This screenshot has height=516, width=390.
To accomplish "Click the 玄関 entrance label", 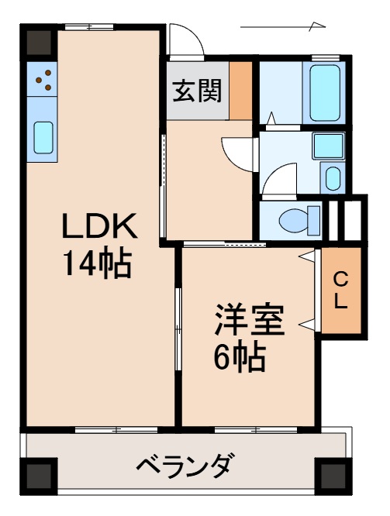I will [x=196, y=91].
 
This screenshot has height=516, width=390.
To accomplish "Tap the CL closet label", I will [x=340, y=291].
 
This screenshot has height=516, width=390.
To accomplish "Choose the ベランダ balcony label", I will [x=185, y=468].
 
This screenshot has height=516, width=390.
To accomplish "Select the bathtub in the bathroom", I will [x=326, y=92].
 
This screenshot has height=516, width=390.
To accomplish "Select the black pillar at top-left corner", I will [x=39, y=43].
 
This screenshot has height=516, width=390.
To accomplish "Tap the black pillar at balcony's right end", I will [x=332, y=474].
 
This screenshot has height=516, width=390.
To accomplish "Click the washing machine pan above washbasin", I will [x=328, y=145].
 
